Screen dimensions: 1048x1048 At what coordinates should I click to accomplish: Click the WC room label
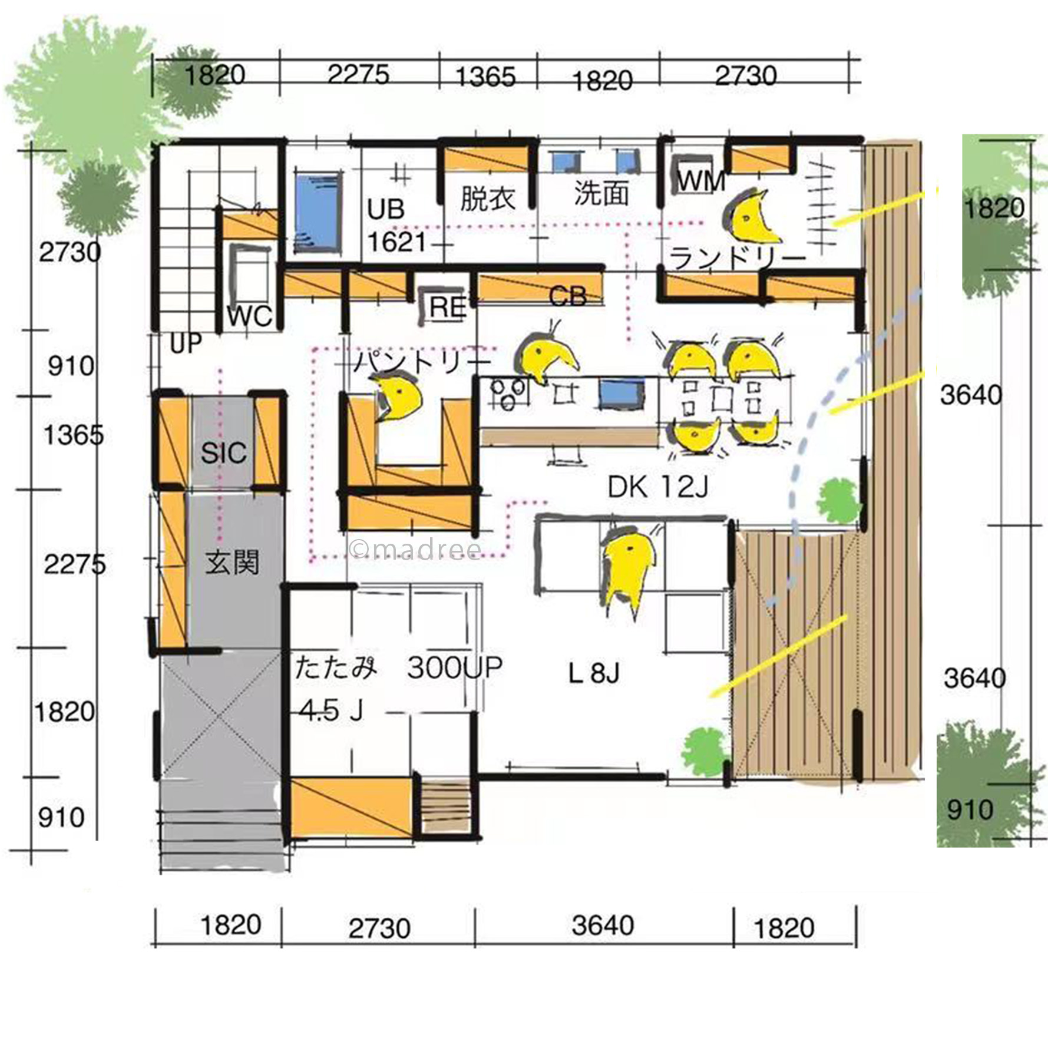click(x=250, y=316)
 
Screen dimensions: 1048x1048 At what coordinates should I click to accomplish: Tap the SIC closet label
click(x=223, y=453)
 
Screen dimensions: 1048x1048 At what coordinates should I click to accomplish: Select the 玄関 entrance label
click(x=232, y=563)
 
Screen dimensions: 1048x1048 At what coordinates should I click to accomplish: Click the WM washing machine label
click(x=700, y=180)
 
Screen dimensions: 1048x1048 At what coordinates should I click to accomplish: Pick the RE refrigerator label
click(x=448, y=307)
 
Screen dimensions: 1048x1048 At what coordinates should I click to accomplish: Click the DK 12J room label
click(x=657, y=487)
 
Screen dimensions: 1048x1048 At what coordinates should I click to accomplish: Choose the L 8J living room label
click(x=594, y=672)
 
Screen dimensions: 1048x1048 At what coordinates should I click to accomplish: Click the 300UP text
click(x=455, y=667)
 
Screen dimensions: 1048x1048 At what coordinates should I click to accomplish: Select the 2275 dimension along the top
click(x=358, y=75)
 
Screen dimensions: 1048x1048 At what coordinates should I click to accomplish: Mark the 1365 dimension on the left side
click(x=73, y=436)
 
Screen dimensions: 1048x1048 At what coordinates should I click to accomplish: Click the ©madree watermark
click(x=415, y=549)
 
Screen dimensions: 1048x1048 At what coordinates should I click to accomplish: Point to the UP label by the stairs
click(x=186, y=343)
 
